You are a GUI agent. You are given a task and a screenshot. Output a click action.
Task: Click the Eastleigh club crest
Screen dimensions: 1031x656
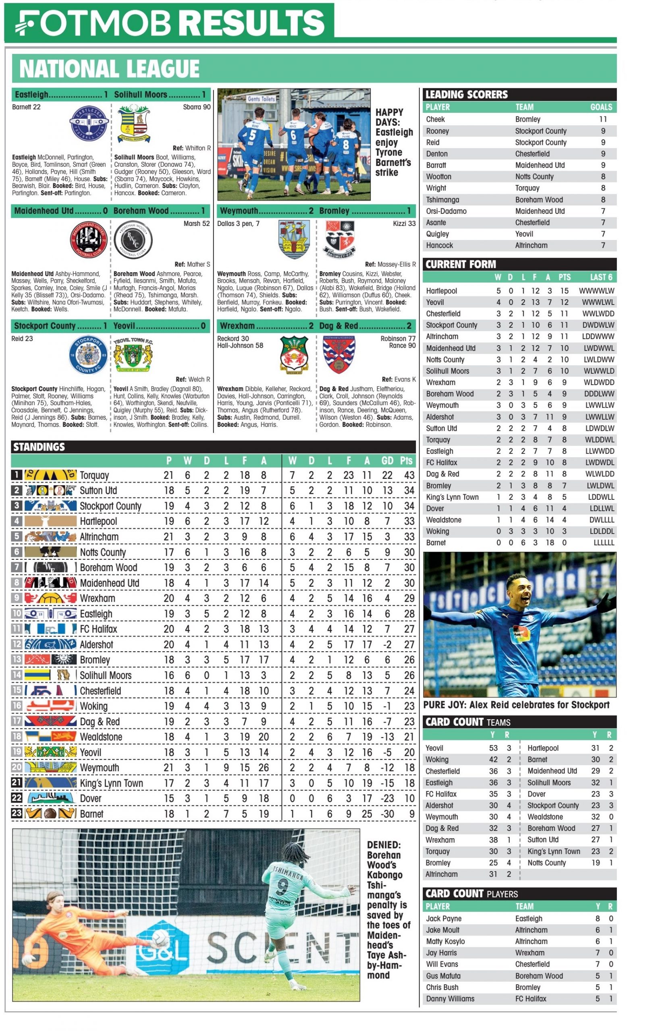[88, 123]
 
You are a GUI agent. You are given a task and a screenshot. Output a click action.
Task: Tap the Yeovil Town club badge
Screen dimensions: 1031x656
[133, 355]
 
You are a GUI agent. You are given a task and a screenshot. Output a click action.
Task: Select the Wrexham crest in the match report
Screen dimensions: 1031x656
[294, 355]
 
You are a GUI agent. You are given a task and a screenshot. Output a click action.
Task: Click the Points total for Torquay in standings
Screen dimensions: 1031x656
[409, 475]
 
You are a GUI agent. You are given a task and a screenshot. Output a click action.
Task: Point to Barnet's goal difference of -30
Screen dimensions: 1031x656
[387, 814]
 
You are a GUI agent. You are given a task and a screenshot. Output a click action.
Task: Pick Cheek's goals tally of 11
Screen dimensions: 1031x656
[603, 120]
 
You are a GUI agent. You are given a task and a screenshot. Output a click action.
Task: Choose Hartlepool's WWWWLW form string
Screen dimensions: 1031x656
[596, 291]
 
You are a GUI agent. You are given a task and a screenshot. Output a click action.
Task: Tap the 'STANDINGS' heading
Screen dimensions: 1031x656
[39, 447]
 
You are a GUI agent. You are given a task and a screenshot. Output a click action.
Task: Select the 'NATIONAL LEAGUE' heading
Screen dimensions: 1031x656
[109, 69]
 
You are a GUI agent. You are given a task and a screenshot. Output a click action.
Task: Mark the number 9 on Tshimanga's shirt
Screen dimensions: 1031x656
[282, 886]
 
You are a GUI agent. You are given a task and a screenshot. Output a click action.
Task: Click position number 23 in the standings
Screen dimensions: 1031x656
[17, 814]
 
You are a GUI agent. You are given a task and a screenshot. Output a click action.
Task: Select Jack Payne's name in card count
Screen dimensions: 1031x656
[444, 918]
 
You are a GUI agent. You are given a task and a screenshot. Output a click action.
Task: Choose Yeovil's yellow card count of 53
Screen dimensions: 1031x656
[493, 748]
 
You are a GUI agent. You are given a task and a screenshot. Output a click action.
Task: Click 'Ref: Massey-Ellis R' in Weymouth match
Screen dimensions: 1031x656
[390, 265]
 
